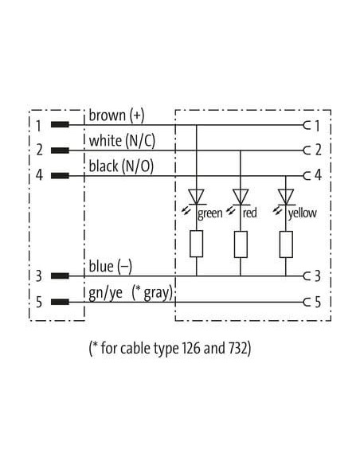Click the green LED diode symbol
[196, 197]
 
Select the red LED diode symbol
[241, 197]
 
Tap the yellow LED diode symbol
[286, 197]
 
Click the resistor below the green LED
[196, 244]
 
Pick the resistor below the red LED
[241, 244]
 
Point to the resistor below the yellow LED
[286, 244]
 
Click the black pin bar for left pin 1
[60, 124]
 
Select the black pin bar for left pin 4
[60, 176]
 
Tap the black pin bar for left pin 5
[60, 303]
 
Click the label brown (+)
[116, 115]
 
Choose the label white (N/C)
[122, 141]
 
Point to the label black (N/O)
[121, 166]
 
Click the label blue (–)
[111, 266]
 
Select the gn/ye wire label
[105, 293]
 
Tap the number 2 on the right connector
[318, 150]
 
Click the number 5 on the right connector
[318, 303]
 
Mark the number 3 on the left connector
[39, 276]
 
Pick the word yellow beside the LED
[302, 213]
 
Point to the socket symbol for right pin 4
[307, 176]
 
